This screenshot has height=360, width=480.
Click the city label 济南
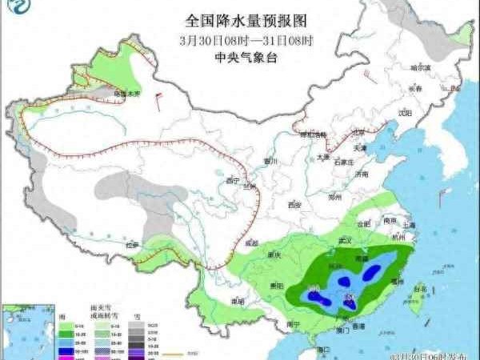(362, 174)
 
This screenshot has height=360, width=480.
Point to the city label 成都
(252, 242)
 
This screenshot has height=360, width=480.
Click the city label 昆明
(236, 302)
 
